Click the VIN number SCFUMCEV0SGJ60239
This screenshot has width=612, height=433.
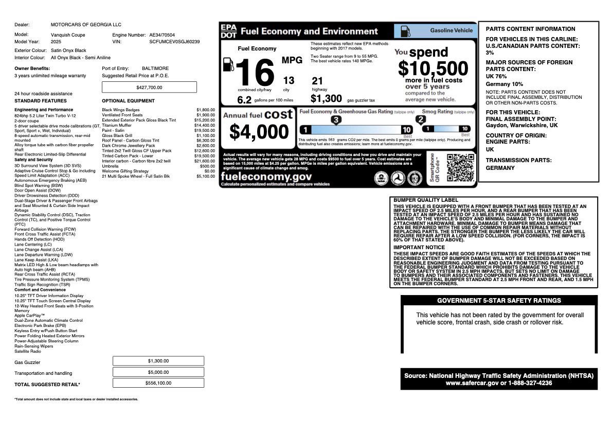174,42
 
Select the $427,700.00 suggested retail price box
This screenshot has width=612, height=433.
149,88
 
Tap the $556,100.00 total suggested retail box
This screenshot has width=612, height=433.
158,383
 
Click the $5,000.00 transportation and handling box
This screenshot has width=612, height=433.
158,372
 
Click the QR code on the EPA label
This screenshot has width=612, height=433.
460,167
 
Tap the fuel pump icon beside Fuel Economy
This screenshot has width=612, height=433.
228,64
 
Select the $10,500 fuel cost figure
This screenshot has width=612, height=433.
433,69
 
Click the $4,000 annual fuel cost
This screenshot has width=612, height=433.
259,132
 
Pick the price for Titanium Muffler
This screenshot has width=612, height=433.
205,125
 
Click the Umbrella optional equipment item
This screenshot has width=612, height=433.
110,166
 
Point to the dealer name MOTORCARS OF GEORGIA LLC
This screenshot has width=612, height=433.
86,25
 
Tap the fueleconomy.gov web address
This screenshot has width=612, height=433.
266,177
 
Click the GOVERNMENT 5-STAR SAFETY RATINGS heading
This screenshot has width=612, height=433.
499,301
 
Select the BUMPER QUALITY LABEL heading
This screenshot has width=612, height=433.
425,200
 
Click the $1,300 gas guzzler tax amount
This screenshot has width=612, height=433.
326,99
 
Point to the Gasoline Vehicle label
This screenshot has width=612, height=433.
451,30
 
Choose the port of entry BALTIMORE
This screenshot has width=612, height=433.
155,68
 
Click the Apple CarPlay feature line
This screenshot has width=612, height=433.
29,316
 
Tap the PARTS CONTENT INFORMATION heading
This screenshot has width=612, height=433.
530,29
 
